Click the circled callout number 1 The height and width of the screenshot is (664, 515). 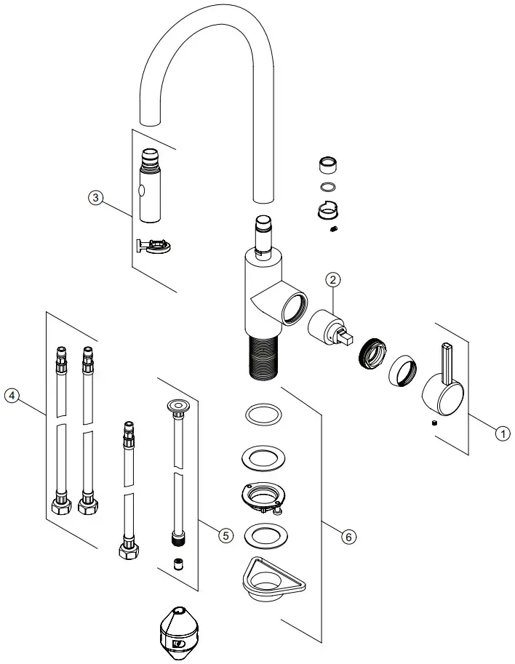coord(500,433)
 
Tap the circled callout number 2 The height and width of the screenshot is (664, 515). coord(332,279)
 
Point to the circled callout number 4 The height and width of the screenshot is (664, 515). coord(10,396)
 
